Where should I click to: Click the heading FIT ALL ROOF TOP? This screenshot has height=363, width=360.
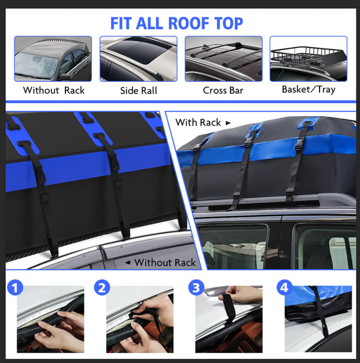176,23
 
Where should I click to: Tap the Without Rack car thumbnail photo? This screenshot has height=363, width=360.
53,59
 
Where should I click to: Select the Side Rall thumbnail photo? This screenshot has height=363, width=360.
139,59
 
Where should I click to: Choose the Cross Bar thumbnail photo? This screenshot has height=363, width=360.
224,59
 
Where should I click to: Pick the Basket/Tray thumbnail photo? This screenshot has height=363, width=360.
309,59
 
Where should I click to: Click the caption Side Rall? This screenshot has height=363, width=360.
139,90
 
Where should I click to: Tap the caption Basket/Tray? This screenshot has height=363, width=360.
309,89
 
